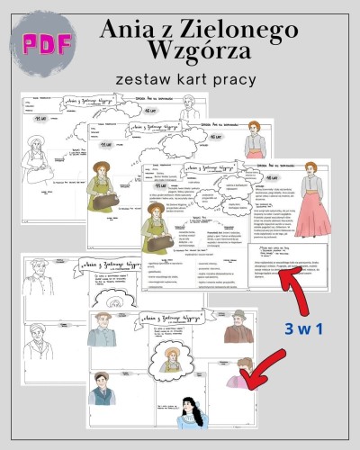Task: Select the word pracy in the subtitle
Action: coord(237,80)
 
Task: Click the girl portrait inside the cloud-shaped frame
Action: coord(170,359)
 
